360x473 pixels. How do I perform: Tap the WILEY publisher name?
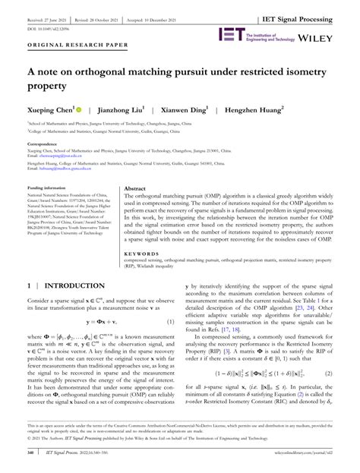pos(329,36)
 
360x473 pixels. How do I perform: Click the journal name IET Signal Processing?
pos(313,8)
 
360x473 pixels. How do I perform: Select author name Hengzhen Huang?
pos(286,109)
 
